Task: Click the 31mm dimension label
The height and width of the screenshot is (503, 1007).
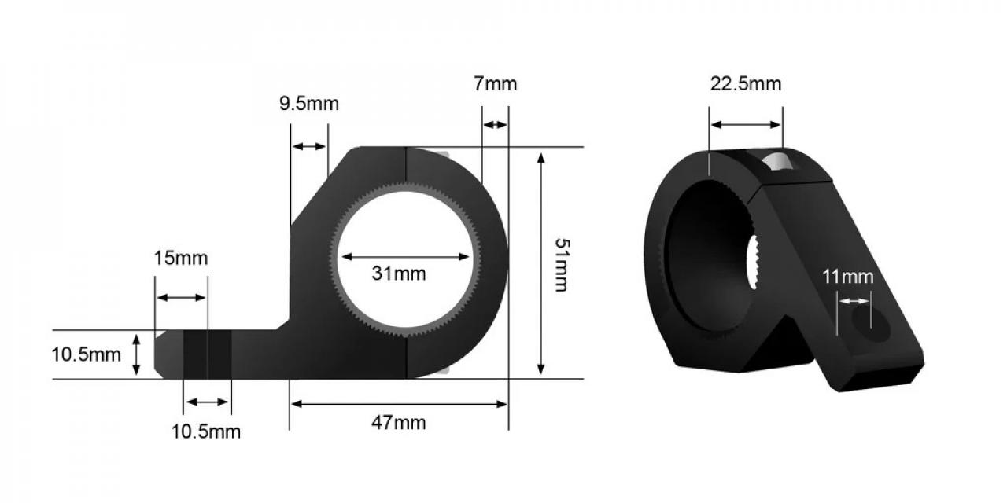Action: [x=398, y=274]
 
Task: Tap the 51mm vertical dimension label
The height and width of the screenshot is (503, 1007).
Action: [x=560, y=264]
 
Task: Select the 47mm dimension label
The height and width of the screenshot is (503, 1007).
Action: [x=398, y=423]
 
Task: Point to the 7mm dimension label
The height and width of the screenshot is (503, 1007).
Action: [x=496, y=84]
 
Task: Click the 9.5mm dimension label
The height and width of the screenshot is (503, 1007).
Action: [x=309, y=104]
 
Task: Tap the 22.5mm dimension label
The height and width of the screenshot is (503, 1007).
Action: [x=746, y=84]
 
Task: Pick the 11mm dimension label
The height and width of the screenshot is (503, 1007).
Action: [x=848, y=277]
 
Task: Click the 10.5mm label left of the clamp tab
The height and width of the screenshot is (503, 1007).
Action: [x=87, y=354]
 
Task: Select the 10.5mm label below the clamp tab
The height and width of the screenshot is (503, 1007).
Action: [x=206, y=431]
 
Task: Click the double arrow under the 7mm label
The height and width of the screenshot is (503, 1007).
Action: [x=495, y=125]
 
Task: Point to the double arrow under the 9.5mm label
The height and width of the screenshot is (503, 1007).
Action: [x=308, y=147]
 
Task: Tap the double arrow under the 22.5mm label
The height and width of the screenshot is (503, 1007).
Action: [x=746, y=124]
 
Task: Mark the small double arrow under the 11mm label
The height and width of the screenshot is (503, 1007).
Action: [x=854, y=300]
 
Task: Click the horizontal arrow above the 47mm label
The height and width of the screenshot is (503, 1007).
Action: [x=398, y=404]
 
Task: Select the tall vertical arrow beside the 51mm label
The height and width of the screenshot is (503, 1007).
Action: [x=540, y=263]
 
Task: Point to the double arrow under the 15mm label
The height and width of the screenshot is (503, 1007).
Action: [x=182, y=297]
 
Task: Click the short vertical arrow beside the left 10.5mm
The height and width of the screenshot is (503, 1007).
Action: [x=137, y=354]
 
